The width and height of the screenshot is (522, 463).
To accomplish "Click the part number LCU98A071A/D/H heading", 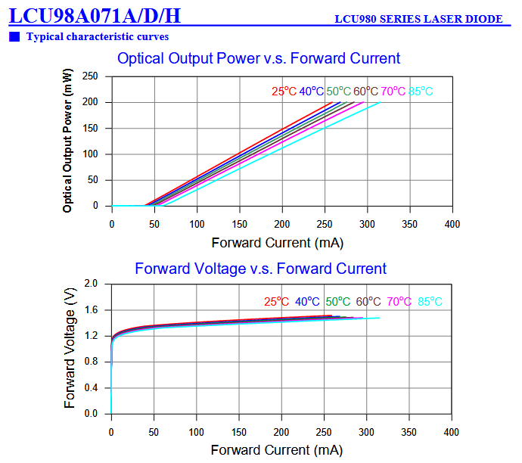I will (95, 14).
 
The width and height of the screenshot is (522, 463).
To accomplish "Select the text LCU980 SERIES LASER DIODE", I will (418, 19).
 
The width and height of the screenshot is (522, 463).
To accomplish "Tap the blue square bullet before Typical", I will (15, 36).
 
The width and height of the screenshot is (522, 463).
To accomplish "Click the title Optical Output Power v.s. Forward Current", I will (259, 58).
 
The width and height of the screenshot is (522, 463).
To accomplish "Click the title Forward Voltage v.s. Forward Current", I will (260, 269).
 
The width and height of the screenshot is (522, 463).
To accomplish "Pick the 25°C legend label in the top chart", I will (284, 92).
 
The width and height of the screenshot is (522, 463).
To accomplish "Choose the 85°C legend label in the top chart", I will (421, 92).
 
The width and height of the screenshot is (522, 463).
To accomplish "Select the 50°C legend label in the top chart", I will (339, 92).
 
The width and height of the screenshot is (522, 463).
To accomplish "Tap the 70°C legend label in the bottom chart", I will (399, 301).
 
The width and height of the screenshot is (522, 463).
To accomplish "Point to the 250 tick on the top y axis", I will (90, 76).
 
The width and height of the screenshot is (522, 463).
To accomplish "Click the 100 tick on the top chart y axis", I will (90, 154).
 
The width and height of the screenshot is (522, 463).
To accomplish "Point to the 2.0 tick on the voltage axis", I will (91, 284).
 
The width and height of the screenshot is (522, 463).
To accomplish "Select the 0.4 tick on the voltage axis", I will (91, 388).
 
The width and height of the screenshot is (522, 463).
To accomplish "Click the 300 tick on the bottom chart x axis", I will (367, 432).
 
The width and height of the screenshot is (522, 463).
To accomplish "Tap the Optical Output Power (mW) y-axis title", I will (68, 140).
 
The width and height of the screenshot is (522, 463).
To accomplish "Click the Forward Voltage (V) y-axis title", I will (70, 348).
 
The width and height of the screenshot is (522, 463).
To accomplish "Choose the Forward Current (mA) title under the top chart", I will (277, 243).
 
